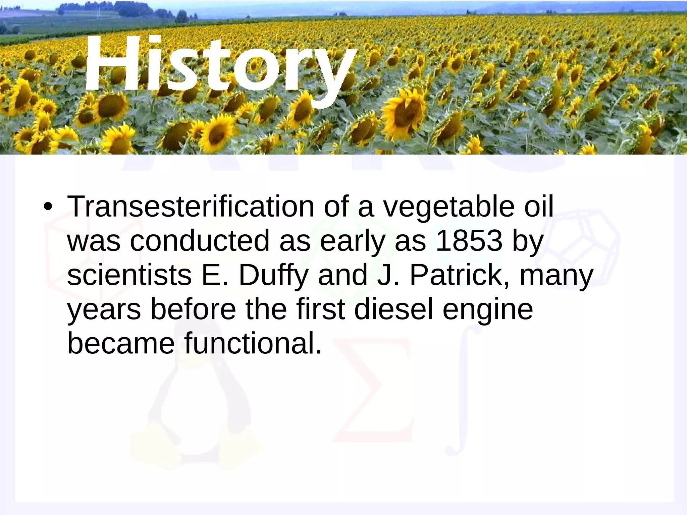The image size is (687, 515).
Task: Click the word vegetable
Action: (x=449, y=207)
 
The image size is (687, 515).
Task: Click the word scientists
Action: (x=129, y=275)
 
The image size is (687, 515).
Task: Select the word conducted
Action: (x=200, y=240)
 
